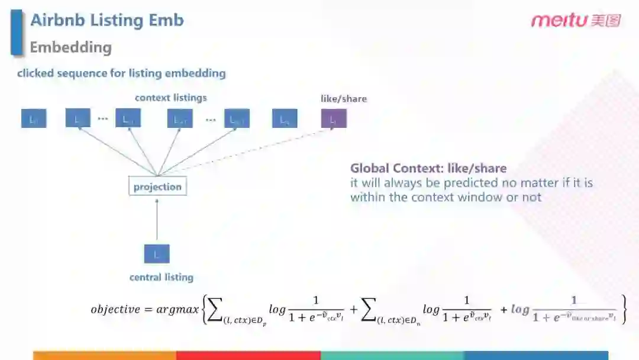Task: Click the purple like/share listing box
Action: click(x=333, y=119)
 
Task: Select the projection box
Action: click(x=157, y=187)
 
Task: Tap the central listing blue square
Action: click(x=157, y=254)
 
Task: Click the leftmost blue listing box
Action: click(x=33, y=119)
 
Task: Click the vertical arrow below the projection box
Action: click(x=157, y=219)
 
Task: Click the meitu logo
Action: click(x=575, y=20)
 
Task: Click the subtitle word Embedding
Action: click(x=70, y=47)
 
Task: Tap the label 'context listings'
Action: click(x=171, y=98)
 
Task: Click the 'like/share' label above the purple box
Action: click(x=344, y=98)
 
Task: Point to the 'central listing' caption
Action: click(x=162, y=277)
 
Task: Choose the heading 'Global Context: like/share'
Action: click(x=428, y=168)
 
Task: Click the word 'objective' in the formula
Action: click(x=115, y=309)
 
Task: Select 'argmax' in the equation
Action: click(x=177, y=309)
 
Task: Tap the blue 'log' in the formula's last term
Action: click(x=520, y=309)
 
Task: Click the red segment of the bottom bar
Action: click(x=248, y=355)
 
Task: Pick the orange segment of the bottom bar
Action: click(x=105, y=355)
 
